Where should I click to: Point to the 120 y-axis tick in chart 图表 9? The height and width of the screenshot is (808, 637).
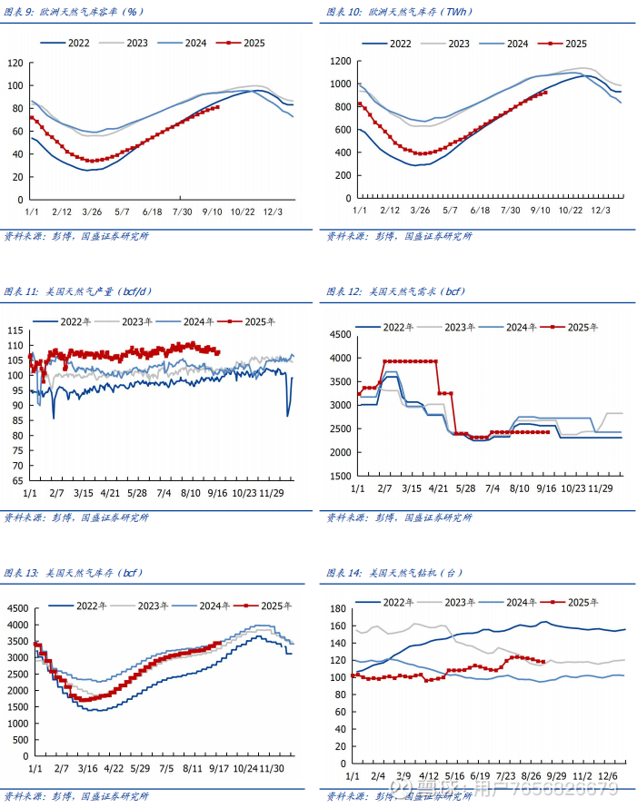tap(15, 63)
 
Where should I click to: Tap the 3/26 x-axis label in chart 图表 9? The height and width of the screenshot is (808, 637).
tap(91, 212)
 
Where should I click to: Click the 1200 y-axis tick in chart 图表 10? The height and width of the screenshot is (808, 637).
tap(340, 61)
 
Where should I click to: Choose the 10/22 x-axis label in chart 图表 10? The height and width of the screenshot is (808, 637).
tap(570, 211)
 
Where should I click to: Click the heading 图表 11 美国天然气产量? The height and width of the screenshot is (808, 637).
tap(78, 292)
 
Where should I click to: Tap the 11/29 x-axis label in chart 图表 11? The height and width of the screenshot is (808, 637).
tap(272, 492)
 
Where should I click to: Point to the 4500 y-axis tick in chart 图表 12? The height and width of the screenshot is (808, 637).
tap(338, 335)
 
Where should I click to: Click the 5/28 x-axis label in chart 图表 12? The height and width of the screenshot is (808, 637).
tap(466, 488)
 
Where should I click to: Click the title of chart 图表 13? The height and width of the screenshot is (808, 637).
tap(74, 573)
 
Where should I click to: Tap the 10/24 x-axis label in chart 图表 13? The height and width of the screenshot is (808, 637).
tap(244, 767)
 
